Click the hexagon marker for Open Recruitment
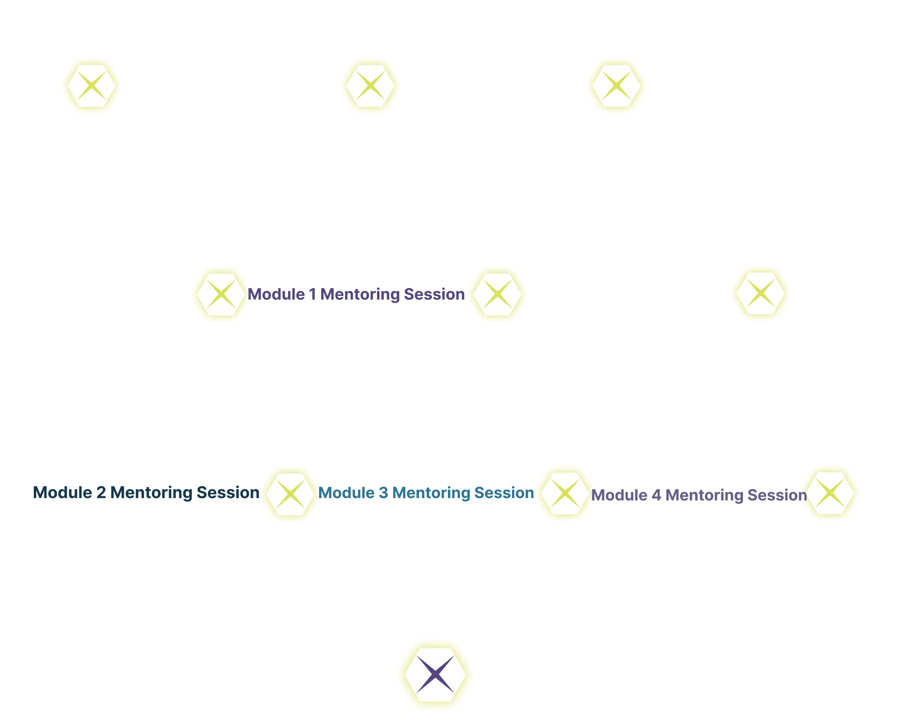92,86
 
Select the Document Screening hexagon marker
370,86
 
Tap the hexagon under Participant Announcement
616,86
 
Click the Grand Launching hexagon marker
760,294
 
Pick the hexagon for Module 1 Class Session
498,294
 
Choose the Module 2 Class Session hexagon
221,294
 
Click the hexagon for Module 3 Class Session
291,494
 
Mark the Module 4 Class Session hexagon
564,494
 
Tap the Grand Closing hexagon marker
831,494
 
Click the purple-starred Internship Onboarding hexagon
435,674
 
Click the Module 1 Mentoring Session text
356,294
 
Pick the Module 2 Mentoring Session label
146,493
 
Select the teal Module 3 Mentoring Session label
426,493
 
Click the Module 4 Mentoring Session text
699,495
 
